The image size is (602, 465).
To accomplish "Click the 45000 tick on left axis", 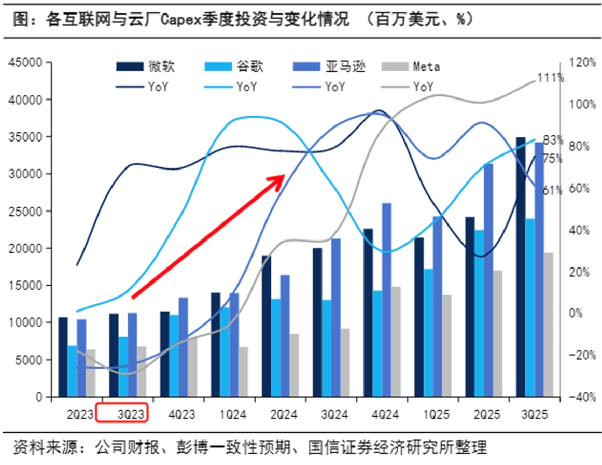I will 26,62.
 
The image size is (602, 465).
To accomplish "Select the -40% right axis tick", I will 583,397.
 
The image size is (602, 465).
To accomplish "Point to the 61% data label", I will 552,190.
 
